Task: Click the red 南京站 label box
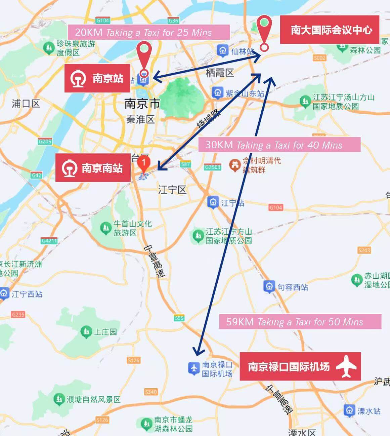(x=97, y=78)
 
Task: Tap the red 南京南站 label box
(x=93, y=168)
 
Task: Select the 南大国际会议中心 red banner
(x=330, y=30)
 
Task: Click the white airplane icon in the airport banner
(x=346, y=366)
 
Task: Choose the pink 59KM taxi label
(x=300, y=322)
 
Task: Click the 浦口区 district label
(x=26, y=104)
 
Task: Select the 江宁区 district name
(x=172, y=190)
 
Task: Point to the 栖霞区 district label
(x=220, y=73)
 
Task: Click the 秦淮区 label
(x=140, y=119)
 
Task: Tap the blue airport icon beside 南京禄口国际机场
(x=194, y=368)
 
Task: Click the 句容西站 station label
(x=293, y=287)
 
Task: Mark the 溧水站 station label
(x=369, y=411)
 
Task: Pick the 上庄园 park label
(x=105, y=332)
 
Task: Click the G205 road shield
(x=45, y=142)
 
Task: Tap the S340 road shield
(x=150, y=392)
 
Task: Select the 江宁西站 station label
(x=27, y=294)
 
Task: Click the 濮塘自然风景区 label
(x=93, y=400)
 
